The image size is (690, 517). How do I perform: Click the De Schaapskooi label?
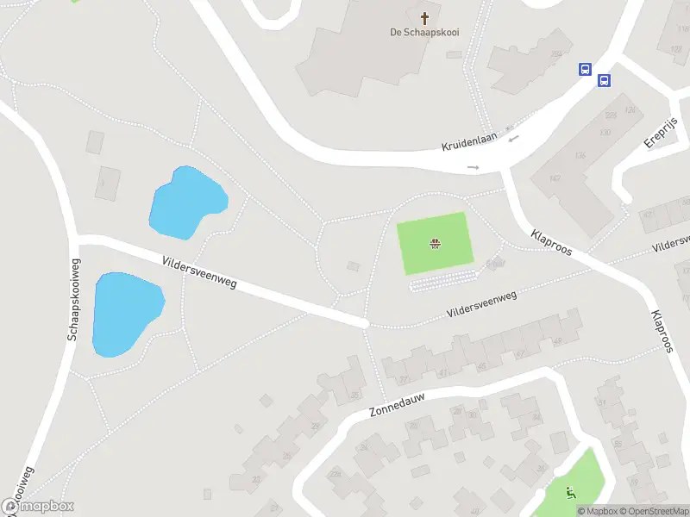point(424,34)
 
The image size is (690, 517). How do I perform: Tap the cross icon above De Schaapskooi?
point(424,17)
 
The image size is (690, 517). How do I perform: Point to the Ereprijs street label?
point(661,131)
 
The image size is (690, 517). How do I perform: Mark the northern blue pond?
point(187,203)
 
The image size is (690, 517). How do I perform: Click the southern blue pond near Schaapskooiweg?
point(126,312)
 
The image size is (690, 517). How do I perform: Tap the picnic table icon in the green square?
point(436,244)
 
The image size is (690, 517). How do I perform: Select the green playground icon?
point(569,493)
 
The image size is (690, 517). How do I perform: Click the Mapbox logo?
point(38,507)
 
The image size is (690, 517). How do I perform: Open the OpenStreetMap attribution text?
point(653,512)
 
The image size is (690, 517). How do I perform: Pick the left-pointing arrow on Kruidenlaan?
point(514,138)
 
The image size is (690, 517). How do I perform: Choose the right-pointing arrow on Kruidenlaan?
point(473,167)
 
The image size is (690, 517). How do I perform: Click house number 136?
point(580,155)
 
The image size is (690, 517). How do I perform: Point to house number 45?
point(481,365)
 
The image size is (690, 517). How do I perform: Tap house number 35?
point(355,396)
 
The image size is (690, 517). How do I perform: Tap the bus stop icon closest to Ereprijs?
point(605,81)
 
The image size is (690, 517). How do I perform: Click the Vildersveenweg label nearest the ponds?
point(198,271)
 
